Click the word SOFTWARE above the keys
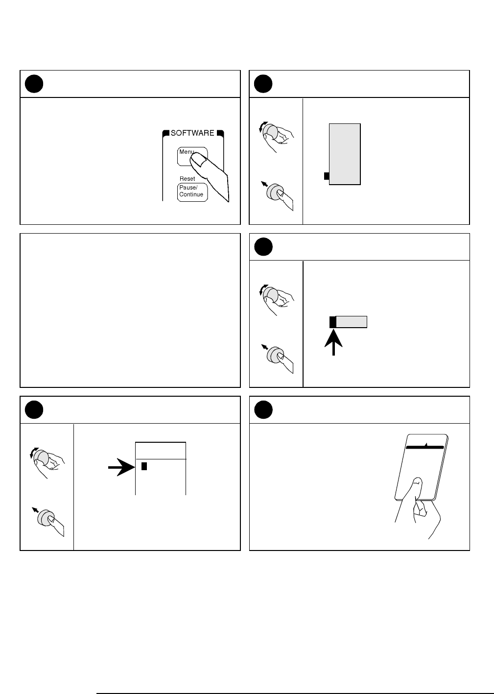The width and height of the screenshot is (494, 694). tap(192, 133)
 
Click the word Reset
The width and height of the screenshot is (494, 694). tap(187, 179)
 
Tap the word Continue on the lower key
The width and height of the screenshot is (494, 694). tap(191, 194)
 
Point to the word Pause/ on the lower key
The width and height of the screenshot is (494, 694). tap(188, 188)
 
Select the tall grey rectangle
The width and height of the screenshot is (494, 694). tap(345, 154)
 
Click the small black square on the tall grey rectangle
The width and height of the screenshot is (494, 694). tap(327, 176)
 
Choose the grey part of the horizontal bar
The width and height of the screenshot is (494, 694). tap(351, 322)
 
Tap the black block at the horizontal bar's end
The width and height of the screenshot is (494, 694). tap(332, 322)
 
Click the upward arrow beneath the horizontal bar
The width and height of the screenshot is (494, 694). tap(333, 342)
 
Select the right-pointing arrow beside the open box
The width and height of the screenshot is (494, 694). tap(121, 467)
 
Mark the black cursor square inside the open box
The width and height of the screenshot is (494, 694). tap(144, 466)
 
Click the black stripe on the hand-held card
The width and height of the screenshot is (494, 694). tap(424, 447)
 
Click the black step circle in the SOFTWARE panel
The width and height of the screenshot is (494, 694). tap(34, 84)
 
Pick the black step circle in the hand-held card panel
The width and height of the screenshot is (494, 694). tap(263, 409)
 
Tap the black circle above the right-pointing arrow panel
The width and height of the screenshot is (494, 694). tap(34, 409)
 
